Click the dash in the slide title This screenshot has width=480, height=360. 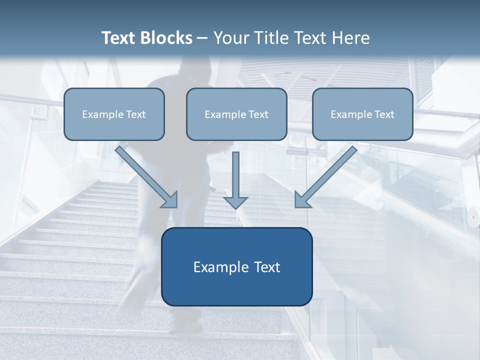coord(202,38)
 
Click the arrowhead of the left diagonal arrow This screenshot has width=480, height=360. coord(170,200)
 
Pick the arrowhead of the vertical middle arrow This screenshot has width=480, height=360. coord(235,202)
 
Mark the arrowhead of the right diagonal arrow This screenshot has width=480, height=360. coord(302,200)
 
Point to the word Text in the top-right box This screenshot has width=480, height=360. coord(384,114)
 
